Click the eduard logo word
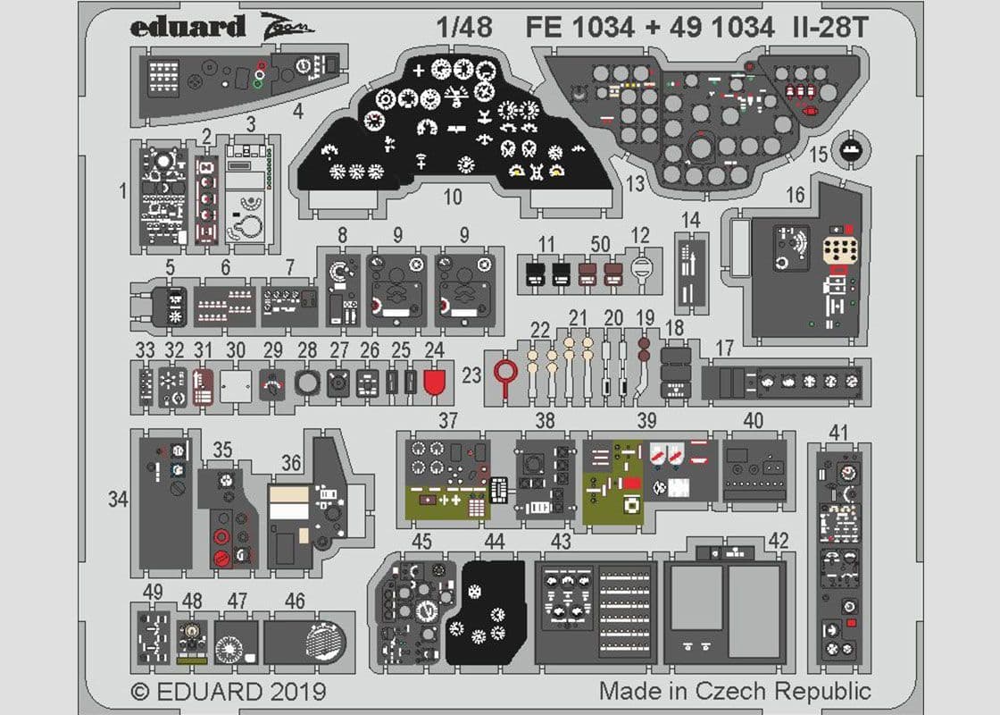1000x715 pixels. (187, 27)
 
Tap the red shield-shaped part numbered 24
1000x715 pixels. (434, 383)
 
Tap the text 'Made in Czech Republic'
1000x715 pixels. (734, 691)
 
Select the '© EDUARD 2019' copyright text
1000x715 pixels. (228, 692)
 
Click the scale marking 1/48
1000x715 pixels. (465, 28)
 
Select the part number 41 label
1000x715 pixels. (837, 433)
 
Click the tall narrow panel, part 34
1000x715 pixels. (165, 500)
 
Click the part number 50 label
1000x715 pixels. (601, 243)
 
